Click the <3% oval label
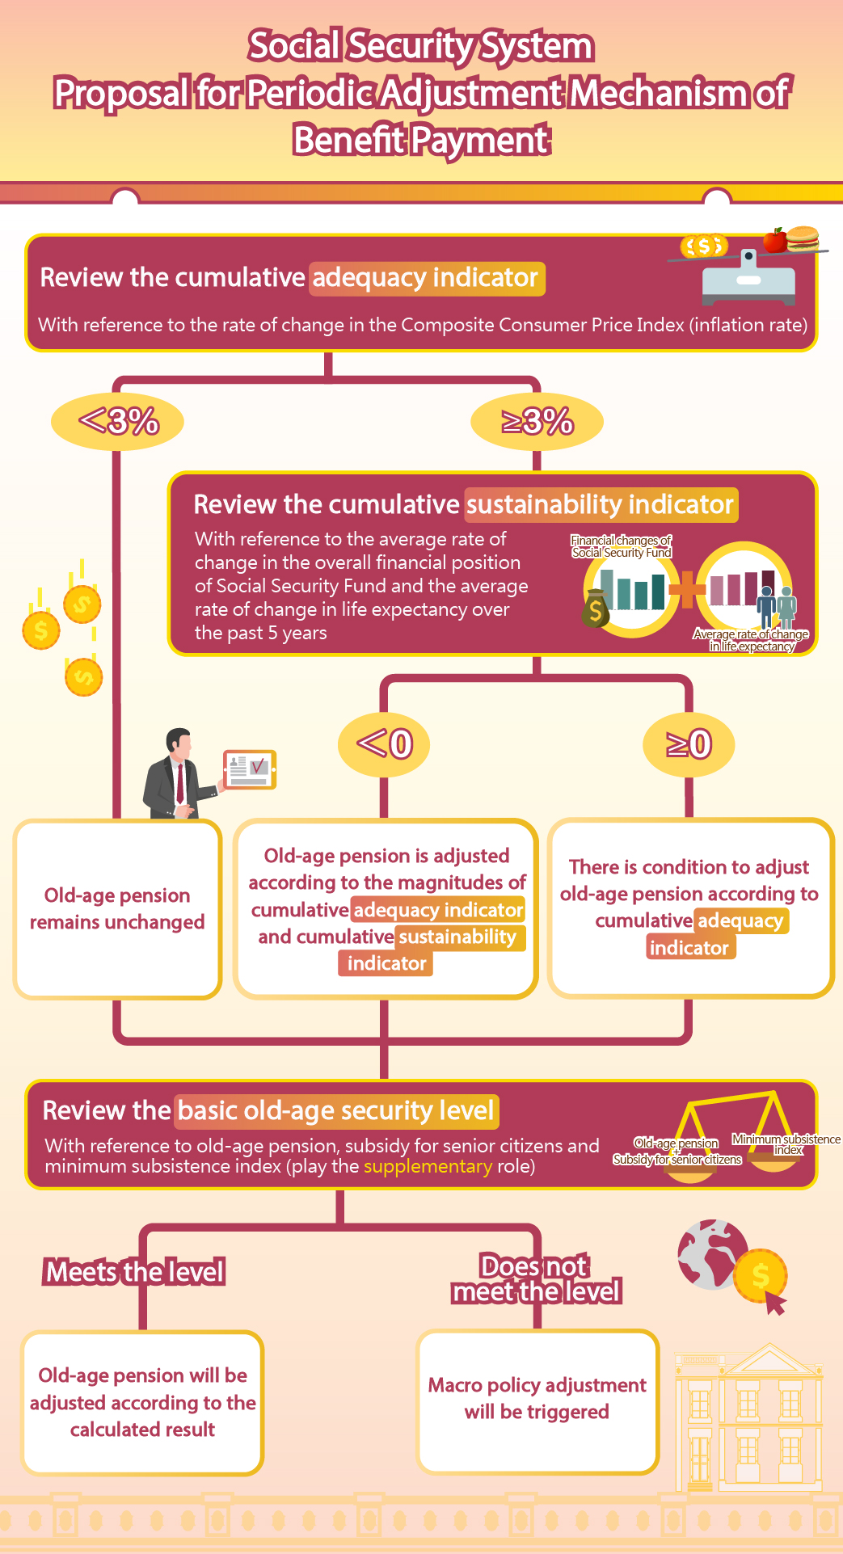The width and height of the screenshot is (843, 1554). point(118,421)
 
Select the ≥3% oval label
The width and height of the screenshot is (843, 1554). point(537,421)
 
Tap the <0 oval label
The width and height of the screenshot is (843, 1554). point(384,743)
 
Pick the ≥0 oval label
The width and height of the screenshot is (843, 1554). point(689,743)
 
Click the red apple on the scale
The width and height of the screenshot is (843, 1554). point(775,240)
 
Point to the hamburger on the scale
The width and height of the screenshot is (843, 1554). point(803,238)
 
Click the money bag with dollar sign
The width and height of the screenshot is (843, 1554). point(596,609)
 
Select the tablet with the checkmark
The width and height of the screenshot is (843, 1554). point(250,769)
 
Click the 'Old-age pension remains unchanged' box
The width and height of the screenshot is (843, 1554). point(117,908)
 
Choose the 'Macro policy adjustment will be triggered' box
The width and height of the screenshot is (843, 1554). point(537,1400)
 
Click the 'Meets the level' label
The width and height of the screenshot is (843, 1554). point(135,1272)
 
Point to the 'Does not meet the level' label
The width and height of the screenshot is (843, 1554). point(536,1278)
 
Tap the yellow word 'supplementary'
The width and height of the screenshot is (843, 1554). point(428,1166)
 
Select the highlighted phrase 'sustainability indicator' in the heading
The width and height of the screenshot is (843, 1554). point(601,504)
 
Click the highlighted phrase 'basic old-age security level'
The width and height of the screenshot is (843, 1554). point(336,1110)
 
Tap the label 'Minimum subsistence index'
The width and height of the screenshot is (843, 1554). point(786,1143)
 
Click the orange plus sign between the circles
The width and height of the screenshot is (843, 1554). point(688,588)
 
